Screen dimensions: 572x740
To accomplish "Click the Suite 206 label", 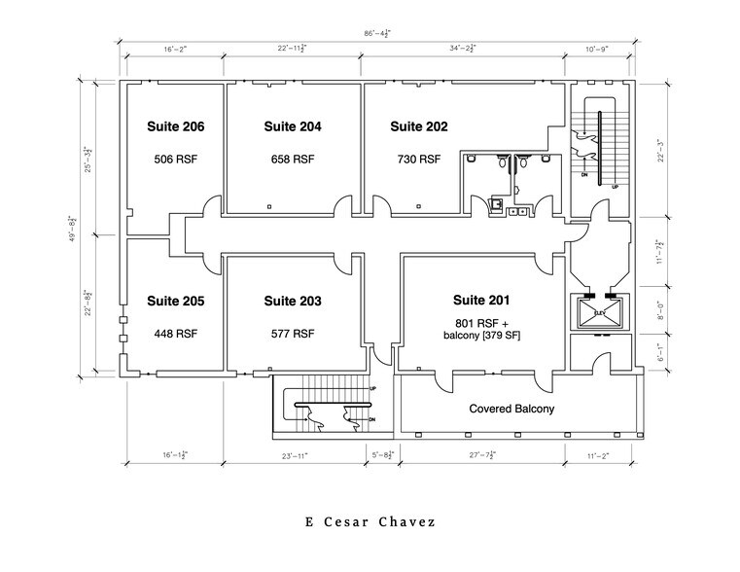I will tap(175, 126).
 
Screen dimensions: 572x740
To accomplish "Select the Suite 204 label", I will tap(293, 126).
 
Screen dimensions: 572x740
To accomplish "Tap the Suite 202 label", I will tap(419, 126).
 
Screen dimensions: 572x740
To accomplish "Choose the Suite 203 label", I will tap(293, 302).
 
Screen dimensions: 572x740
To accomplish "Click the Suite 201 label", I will tap(480, 301).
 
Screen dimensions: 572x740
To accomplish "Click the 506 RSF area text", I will tap(175, 160).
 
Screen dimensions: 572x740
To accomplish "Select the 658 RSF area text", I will tap(293, 160).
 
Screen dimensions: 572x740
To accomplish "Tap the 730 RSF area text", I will tap(419, 160).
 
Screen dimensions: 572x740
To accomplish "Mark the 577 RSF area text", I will tap(293, 334).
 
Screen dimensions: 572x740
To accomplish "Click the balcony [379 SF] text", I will tap(481, 338).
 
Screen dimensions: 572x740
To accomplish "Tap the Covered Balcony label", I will tap(511, 410).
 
